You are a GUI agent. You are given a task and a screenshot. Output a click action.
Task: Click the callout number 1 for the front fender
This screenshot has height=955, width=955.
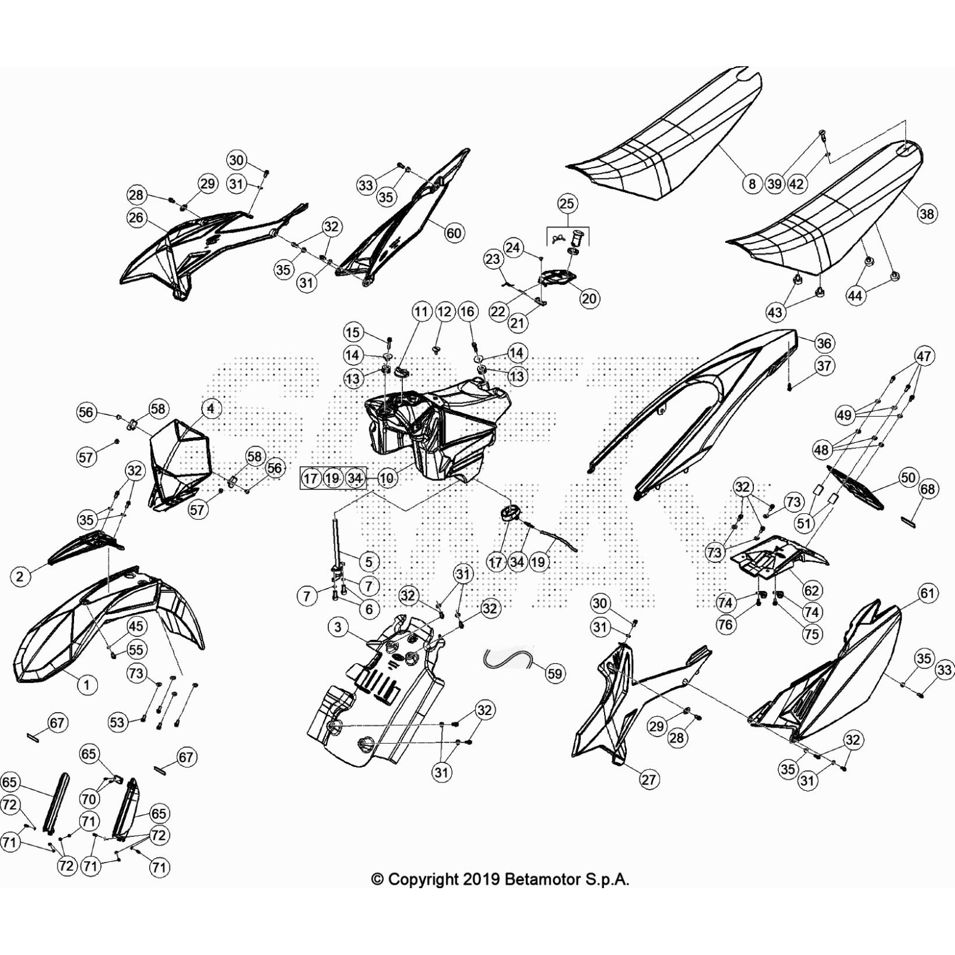click(87, 685)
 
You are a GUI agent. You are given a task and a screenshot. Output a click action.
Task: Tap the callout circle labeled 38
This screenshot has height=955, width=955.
click(927, 214)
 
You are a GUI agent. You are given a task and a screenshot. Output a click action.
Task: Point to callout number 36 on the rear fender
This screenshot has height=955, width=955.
click(824, 343)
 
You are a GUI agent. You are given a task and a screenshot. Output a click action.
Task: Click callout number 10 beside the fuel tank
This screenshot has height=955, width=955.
click(387, 478)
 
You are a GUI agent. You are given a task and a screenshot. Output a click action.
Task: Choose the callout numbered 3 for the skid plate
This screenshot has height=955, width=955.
click(338, 627)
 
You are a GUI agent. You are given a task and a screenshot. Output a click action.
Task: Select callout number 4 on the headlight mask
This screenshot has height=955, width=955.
click(210, 409)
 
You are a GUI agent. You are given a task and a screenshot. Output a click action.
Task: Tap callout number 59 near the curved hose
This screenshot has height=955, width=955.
click(554, 674)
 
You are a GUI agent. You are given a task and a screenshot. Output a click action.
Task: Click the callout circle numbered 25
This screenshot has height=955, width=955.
click(566, 204)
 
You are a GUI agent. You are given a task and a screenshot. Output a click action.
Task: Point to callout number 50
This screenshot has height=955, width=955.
click(908, 478)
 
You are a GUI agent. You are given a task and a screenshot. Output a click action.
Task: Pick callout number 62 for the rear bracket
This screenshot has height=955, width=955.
click(812, 591)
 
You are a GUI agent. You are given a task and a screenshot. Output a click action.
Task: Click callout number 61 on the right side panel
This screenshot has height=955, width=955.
click(927, 593)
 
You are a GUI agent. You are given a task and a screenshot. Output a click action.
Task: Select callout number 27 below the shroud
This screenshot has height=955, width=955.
click(649, 779)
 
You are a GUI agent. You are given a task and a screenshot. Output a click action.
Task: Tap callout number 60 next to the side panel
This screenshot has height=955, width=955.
click(454, 232)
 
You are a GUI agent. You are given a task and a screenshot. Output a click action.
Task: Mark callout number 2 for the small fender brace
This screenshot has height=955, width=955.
click(20, 576)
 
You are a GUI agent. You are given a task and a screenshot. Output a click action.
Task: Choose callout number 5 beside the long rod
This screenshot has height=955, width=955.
click(369, 562)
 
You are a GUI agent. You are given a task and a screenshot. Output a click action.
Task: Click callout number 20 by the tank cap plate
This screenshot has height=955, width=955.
click(589, 298)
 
